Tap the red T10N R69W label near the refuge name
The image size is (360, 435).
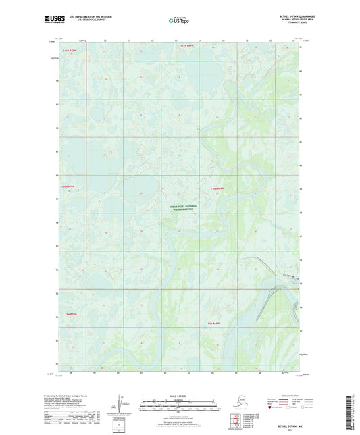[216, 189]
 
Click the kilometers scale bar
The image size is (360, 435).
[179, 403]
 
